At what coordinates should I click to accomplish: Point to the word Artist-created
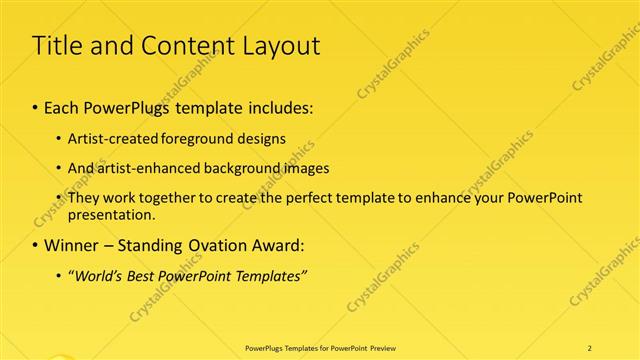pyautogui.click(x=109, y=139)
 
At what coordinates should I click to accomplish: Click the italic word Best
pyautogui.click(x=150, y=276)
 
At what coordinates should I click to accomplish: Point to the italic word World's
pyautogui.click(x=98, y=276)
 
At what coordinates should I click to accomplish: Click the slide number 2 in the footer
pyautogui.click(x=589, y=347)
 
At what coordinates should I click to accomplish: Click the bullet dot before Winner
pyautogui.click(x=37, y=245)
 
